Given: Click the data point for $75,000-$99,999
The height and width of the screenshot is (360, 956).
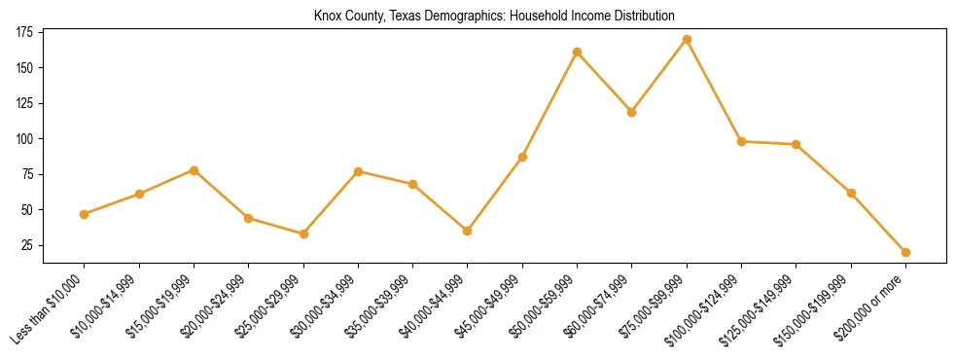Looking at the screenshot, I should click(687, 40).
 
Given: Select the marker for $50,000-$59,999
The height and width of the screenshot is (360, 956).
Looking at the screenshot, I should click(578, 52).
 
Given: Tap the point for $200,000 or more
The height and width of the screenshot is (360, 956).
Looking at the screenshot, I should click(905, 252).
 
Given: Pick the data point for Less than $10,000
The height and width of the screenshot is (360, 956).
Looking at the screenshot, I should click(85, 214).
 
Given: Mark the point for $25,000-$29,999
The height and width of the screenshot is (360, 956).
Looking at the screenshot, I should click(303, 234).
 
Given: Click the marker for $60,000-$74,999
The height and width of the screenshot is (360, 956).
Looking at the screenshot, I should click(632, 112).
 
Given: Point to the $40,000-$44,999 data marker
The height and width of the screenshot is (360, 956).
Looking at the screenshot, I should click(468, 231).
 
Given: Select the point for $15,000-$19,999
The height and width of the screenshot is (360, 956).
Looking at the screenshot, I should click(195, 170).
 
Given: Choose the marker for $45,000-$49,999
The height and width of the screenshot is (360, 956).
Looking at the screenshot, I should click(522, 157).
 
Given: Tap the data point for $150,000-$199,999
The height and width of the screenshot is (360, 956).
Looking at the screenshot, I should click(851, 193).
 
